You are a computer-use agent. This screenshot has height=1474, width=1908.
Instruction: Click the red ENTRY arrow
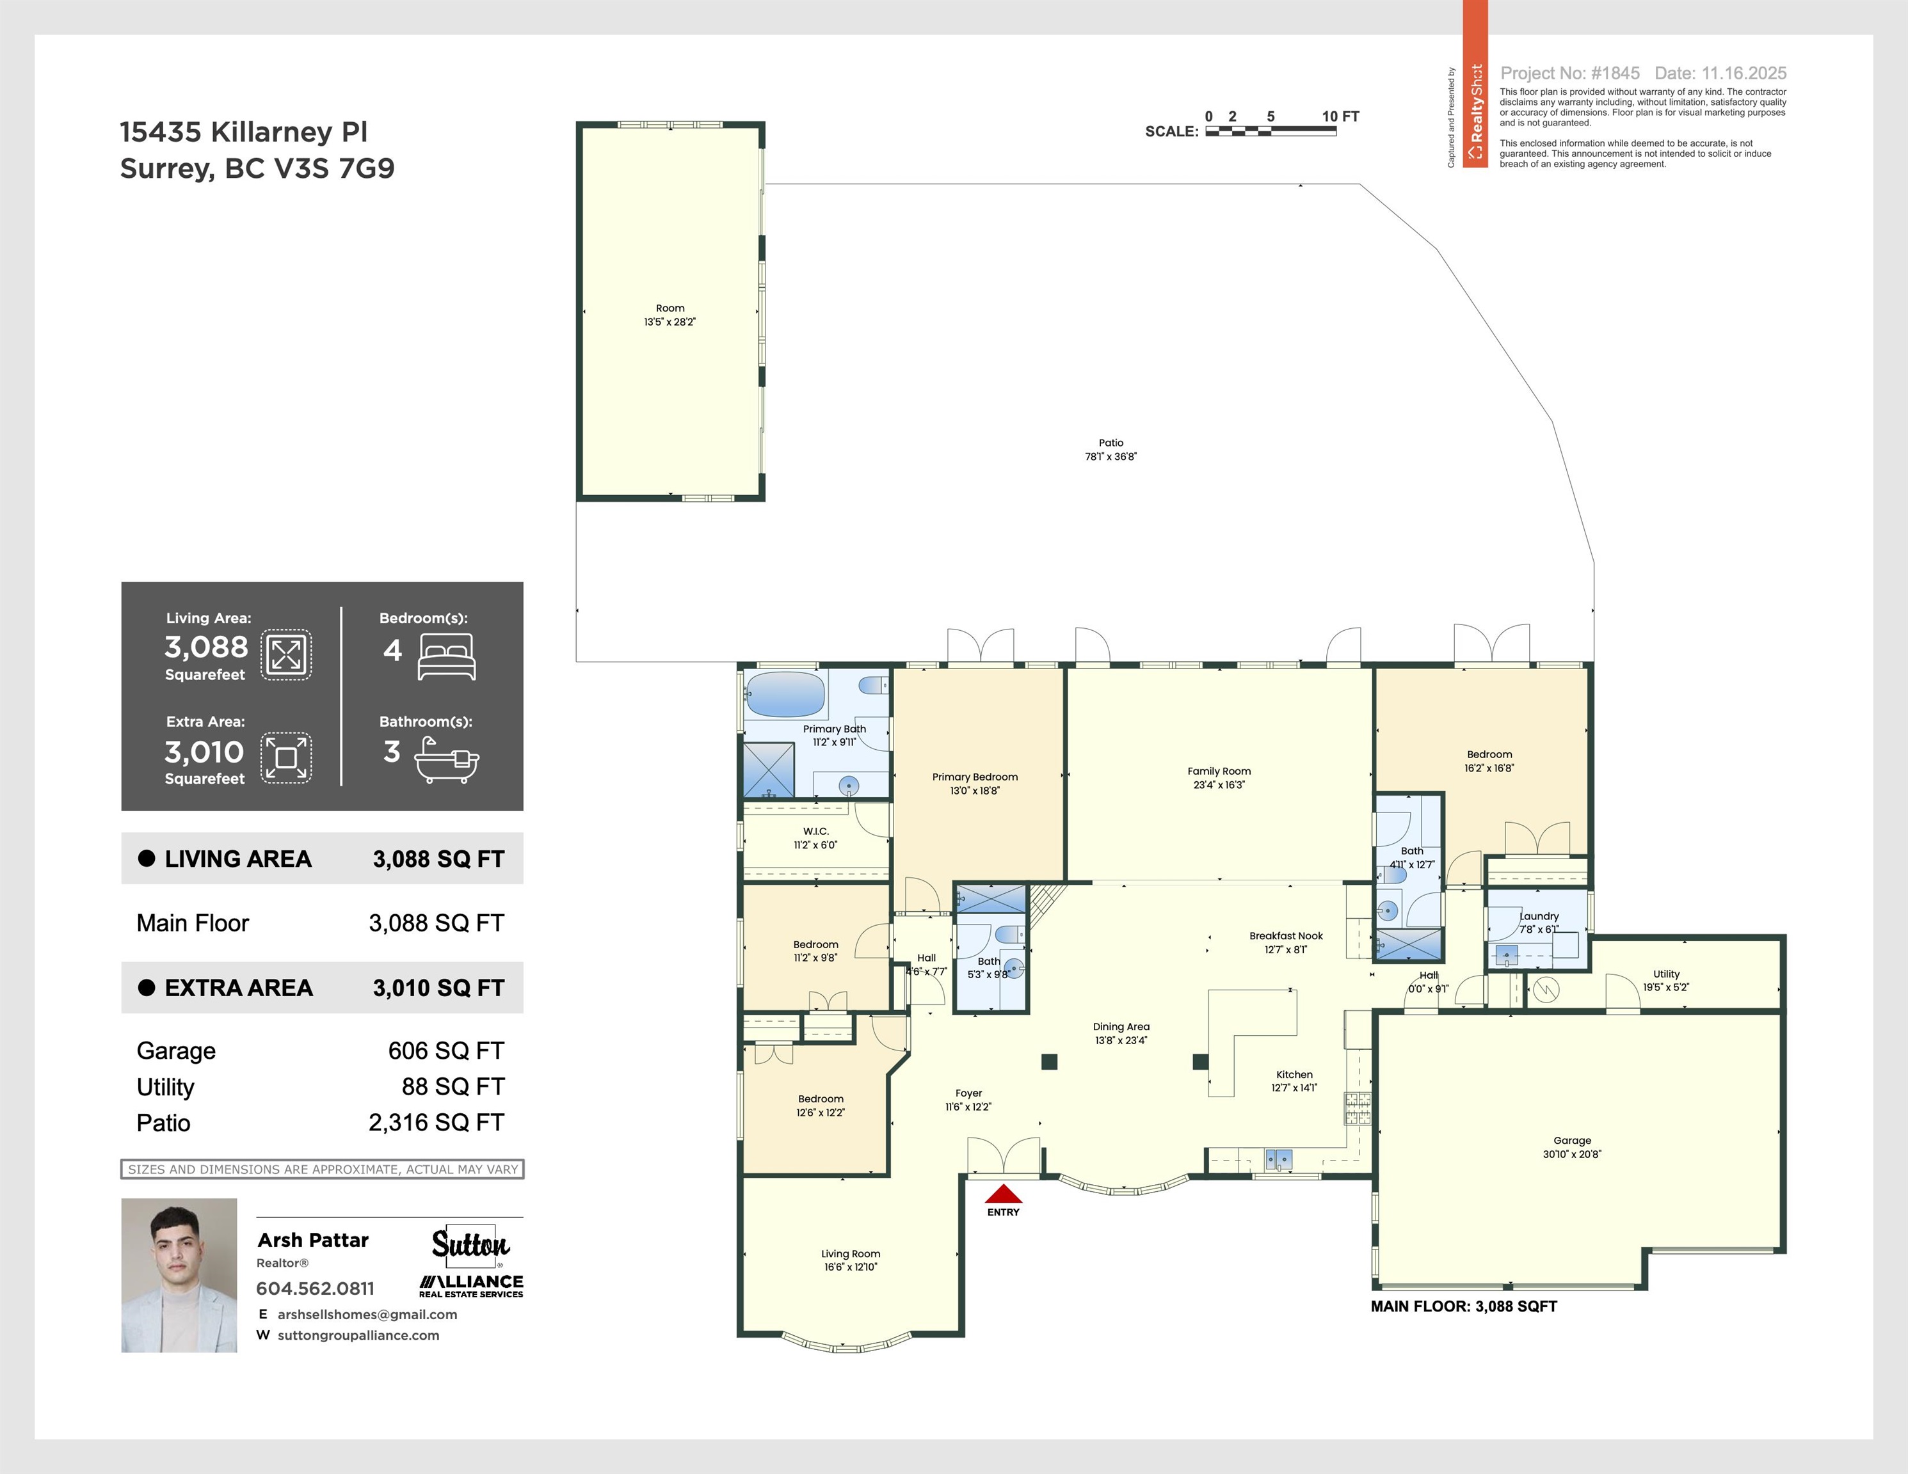(x=1003, y=1194)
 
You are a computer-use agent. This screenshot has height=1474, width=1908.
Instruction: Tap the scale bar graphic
(x=1271, y=131)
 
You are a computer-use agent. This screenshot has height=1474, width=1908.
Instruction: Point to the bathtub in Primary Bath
(x=785, y=695)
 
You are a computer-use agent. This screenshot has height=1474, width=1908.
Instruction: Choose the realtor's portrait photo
(x=179, y=1275)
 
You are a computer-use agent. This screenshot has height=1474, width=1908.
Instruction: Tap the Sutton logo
(x=471, y=1244)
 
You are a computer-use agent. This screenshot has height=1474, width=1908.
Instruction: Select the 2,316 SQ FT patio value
(x=436, y=1122)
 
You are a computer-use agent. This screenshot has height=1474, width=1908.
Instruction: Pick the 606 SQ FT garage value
(x=445, y=1050)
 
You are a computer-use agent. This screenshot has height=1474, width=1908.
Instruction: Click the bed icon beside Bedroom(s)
(x=446, y=656)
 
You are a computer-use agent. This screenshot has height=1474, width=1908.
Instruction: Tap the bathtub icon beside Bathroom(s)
(x=446, y=759)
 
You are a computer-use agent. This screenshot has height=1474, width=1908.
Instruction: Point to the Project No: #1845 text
(x=1570, y=74)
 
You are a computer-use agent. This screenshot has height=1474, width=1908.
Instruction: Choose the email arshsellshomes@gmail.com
(x=367, y=1314)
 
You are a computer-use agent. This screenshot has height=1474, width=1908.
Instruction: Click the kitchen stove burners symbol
(x=1357, y=1108)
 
